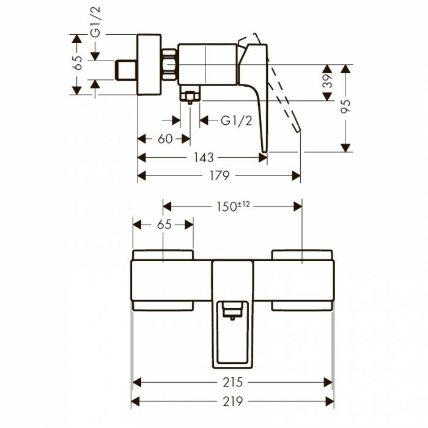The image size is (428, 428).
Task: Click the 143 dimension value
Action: coord(203,157)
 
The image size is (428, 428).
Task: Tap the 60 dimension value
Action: coord(165,139)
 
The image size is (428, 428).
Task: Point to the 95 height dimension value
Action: coord(346,106)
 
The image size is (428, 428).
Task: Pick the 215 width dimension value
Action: coord(233,383)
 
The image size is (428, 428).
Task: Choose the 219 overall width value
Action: coord(233,402)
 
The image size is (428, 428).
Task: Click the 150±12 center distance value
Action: coord(233,206)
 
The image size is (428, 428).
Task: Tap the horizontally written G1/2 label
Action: coord(236,120)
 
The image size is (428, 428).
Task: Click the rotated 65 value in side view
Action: coord(77,64)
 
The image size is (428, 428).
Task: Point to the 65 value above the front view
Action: coord(164,224)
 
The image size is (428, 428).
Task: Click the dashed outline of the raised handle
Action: coord(284,92)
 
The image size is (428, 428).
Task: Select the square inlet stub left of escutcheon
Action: coord(126,70)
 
